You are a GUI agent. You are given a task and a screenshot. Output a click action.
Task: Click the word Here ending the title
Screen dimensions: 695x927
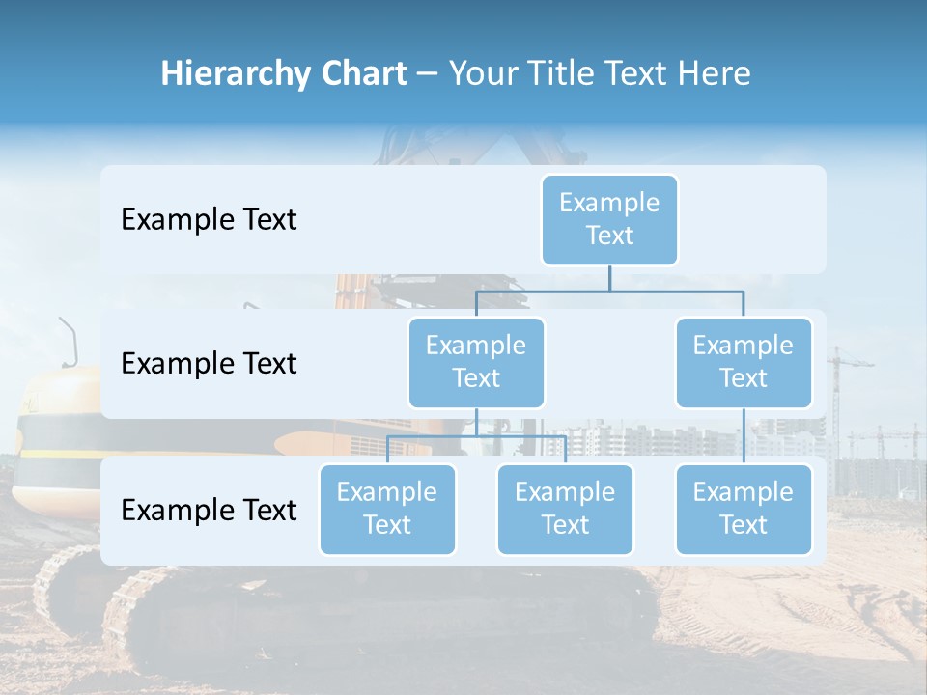click(715, 73)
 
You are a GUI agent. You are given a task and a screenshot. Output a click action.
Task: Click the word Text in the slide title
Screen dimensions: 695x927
click(639, 73)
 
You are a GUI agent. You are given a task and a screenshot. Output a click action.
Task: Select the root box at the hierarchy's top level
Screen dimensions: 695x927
click(609, 219)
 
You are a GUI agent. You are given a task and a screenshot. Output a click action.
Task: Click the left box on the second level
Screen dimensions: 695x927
click(476, 362)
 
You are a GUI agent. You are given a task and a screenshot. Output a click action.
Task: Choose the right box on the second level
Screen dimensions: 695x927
click(744, 362)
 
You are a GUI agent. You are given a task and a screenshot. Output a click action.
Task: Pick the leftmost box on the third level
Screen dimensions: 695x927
click(387, 509)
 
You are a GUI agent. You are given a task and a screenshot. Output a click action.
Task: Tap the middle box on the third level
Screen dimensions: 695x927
click(565, 509)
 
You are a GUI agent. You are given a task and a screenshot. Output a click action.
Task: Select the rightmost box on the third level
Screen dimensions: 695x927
click(744, 509)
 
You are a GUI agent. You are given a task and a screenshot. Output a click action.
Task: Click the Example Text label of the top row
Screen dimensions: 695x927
click(209, 220)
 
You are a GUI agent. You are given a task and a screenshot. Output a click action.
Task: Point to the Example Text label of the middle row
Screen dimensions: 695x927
click(209, 364)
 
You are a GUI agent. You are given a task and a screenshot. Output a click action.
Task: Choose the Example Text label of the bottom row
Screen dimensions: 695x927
click(209, 510)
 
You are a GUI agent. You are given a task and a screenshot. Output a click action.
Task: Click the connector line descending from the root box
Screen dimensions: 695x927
click(609, 278)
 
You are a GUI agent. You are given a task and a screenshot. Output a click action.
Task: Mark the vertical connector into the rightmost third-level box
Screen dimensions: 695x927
click(744, 435)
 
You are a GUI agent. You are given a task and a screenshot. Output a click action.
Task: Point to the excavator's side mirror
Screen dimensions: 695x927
click(69, 343)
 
